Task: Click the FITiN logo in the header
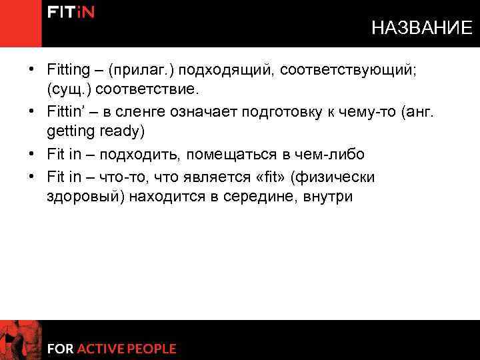pyautogui.click(x=70, y=13)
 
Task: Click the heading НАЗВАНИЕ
pyautogui.click(x=421, y=28)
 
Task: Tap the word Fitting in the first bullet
pyautogui.click(x=68, y=70)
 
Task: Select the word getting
pyautogui.click(x=67, y=131)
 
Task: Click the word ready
pyautogui.click(x=117, y=131)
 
